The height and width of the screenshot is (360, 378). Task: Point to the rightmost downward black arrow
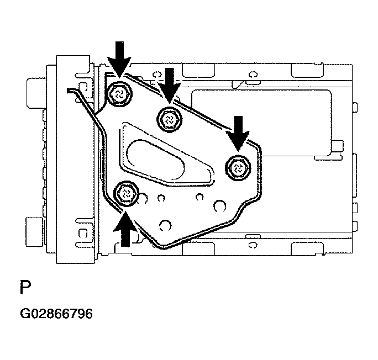[239, 133]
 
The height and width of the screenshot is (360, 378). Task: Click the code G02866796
[56, 314]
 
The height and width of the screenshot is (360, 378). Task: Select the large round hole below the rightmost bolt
[219, 206]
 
